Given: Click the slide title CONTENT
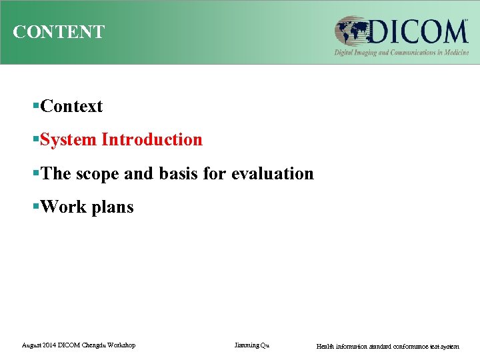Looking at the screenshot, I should (59, 32).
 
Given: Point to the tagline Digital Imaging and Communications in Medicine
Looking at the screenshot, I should (401, 53).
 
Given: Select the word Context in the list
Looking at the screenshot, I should (71, 107).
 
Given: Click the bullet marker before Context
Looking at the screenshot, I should (36, 107).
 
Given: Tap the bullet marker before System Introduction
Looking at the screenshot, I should (36, 140).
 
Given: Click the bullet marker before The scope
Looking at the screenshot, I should (36, 174).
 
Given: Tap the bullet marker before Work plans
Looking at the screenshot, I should (36, 207).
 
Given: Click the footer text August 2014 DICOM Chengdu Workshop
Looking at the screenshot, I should (79, 345).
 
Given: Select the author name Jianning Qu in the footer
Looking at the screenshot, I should (252, 345).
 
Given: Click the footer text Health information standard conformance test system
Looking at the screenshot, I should (387, 347).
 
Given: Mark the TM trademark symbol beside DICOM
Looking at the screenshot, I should (466, 20).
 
